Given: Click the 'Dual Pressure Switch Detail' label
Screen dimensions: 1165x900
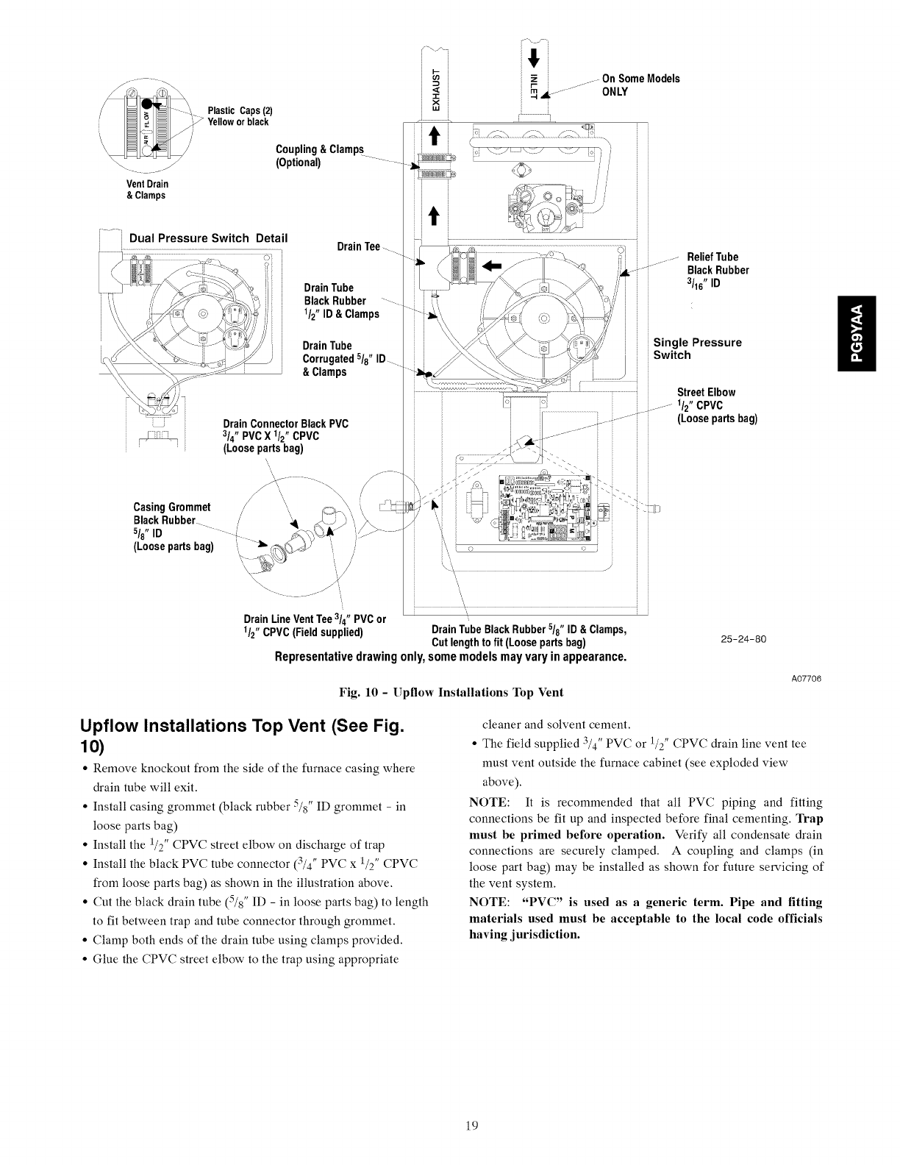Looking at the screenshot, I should pyautogui.click(x=208, y=238).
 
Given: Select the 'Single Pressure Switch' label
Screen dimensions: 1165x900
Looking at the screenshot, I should pyautogui.click(x=697, y=349).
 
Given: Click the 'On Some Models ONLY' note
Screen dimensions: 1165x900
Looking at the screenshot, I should pyautogui.click(x=640, y=85).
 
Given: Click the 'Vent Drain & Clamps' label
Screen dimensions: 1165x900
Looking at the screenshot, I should pyautogui.click(x=146, y=190).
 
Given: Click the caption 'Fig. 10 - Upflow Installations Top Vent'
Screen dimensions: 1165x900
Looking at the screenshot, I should pyautogui.click(x=450, y=693).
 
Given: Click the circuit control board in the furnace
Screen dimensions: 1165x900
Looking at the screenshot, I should pyautogui.click(x=542, y=508).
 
